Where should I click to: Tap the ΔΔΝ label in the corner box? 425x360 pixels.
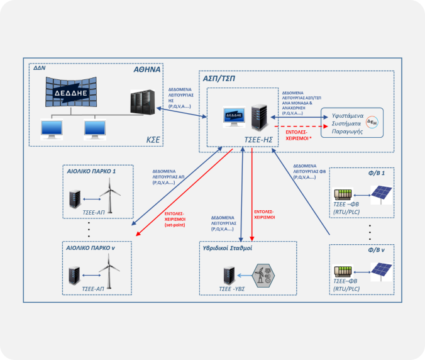40,68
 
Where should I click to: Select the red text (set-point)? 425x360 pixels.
176,225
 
